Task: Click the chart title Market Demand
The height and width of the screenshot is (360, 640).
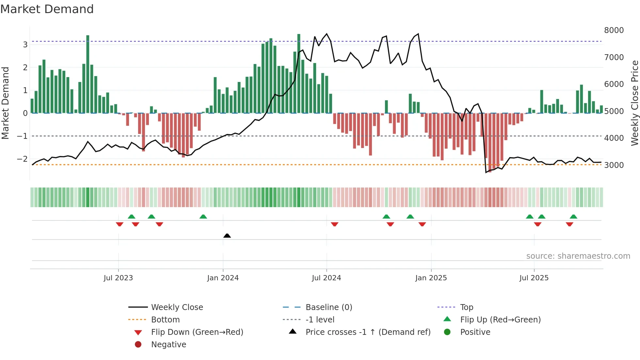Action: pos(47,9)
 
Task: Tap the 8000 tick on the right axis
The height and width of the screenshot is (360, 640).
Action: pos(614,30)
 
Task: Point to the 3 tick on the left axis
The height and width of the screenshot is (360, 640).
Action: pos(25,44)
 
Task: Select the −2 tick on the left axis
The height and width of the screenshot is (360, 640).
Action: pos(23,159)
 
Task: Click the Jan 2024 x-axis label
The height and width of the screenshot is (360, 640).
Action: pos(223,278)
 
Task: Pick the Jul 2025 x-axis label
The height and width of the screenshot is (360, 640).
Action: pos(534,278)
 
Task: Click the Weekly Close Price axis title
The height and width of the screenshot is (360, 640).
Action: pos(634,103)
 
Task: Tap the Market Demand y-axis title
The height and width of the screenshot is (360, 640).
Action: pos(5,103)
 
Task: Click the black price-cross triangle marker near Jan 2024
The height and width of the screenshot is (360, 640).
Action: pos(227,236)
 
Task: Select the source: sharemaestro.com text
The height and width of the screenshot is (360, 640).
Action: pos(578,256)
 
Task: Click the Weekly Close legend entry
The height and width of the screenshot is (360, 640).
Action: pos(177,307)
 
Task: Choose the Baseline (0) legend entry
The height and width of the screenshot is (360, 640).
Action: pos(328,307)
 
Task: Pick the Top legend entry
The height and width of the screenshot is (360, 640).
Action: pos(466,307)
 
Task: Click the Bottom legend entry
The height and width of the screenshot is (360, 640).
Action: pos(165,320)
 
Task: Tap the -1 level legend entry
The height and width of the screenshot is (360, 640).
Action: pos(320,320)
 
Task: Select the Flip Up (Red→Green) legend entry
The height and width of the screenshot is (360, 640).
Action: pos(500,320)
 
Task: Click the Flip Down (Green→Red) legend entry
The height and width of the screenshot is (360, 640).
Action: pos(197,332)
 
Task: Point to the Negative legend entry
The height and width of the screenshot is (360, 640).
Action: pos(168,345)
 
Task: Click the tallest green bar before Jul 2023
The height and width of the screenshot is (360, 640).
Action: pos(88,74)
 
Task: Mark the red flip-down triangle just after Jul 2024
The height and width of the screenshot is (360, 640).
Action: pos(334,224)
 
